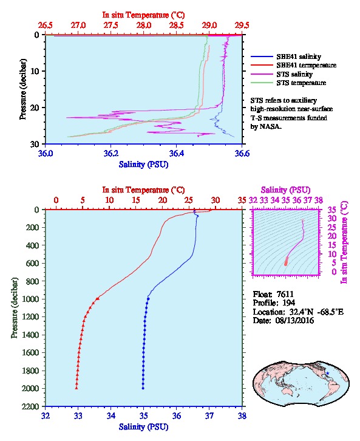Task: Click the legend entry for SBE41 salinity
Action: (299, 56)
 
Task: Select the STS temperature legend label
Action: (301, 83)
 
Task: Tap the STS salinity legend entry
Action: (294, 74)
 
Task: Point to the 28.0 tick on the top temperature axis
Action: (144, 26)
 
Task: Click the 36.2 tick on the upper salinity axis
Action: (110, 154)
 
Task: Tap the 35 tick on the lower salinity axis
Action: (144, 415)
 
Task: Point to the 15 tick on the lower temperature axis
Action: (136, 200)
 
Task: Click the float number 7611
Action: (285, 295)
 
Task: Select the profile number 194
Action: (288, 303)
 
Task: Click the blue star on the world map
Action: (328, 373)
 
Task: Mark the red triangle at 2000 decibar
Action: (76, 388)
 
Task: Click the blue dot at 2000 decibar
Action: (143, 388)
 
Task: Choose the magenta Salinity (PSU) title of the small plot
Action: (285, 190)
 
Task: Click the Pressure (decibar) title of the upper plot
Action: (22, 89)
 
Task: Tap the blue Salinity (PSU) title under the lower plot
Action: (144, 427)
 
